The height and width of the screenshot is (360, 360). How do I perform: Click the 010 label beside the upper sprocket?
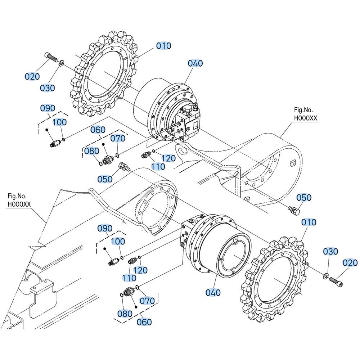[x=164, y=46]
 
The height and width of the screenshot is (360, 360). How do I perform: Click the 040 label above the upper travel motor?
[x=195, y=63]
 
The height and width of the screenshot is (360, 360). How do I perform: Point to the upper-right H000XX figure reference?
[x=306, y=118]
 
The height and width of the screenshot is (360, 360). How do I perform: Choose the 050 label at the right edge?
[x=304, y=198]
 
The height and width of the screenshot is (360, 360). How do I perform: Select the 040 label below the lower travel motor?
[x=213, y=293]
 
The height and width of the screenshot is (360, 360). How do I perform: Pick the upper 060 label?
[x=98, y=130]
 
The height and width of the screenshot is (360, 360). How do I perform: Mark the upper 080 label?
[x=91, y=151]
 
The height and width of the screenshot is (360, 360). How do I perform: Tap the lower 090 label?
[x=105, y=228]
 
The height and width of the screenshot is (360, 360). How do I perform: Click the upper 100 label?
[x=60, y=122]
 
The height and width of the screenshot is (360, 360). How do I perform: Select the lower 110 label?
[x=129, y=278]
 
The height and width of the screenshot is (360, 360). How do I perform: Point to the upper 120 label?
[x=168, y=158]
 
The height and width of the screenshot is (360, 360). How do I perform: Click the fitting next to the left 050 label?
[x=123, y=167]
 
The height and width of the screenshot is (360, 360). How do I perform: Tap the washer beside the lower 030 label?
[x=326, y=276]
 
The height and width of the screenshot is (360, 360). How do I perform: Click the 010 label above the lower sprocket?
[x=309, y=222]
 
